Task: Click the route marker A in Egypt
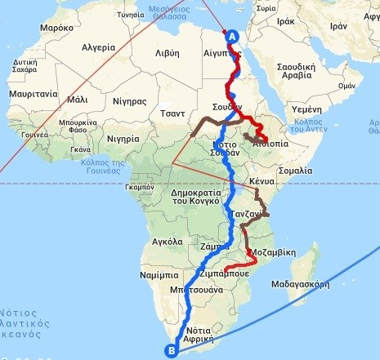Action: tap(231, 37)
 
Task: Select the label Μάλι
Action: tap(78, 99)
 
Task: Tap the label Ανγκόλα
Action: tap(167, 242)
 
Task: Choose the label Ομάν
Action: tap(346, 85)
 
